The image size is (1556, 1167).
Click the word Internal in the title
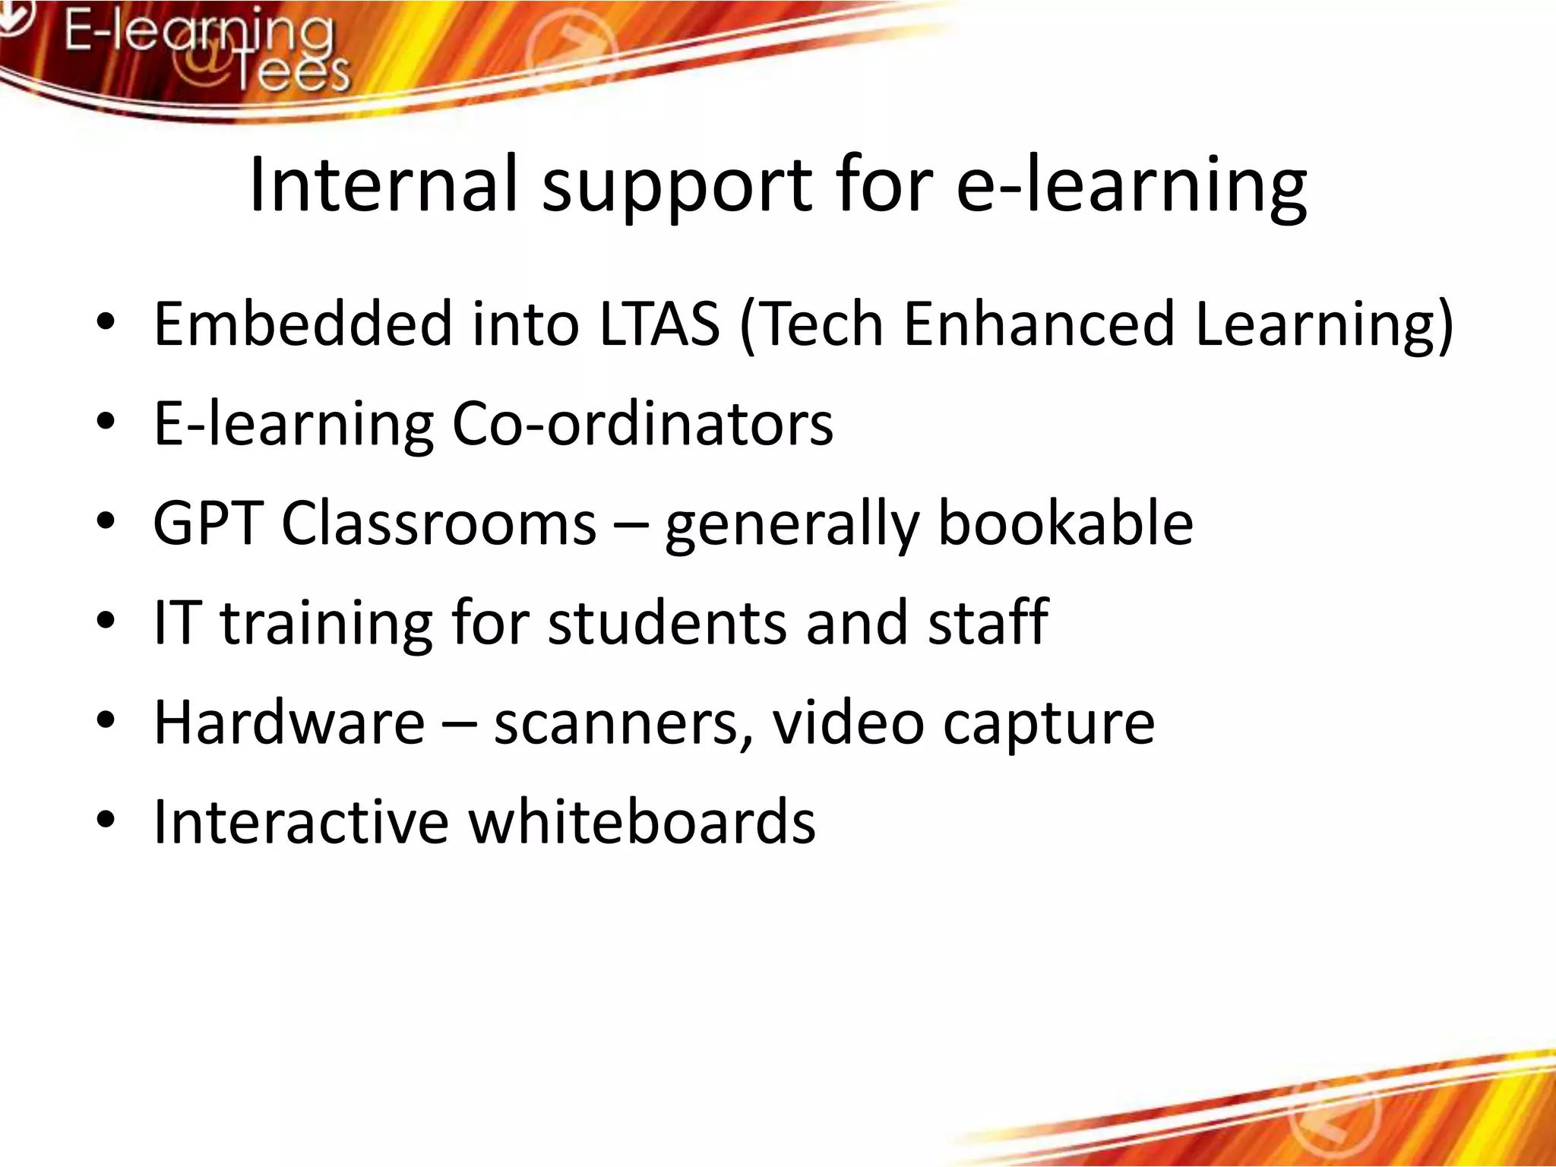pyautogui.click(x=383, y=185)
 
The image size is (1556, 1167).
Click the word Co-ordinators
pyautogui.click(x=642, y=424)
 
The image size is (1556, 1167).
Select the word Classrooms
pyautogui.click(x=438, y=523)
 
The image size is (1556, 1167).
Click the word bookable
pyautogui.click(x=1065, y=523)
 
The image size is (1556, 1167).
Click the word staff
pyautogui.click(x=988, y=623)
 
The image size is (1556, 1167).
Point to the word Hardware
pyautogui.click(x=289, y=723)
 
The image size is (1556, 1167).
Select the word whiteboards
pyautogui.click(x=641, y=822)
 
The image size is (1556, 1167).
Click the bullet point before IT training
pyautogui.click(x=106, y=621)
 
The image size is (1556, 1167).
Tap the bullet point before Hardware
pyautogui.click(x=106, y=721)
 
